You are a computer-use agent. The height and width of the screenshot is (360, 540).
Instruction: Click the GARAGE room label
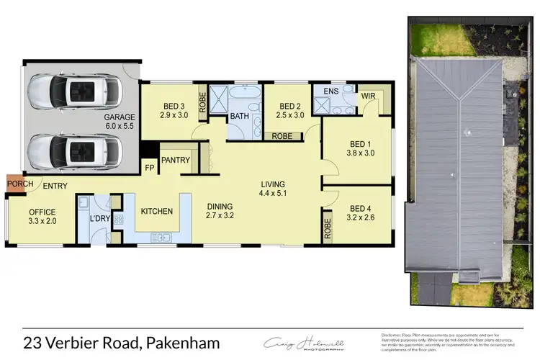[120, 117]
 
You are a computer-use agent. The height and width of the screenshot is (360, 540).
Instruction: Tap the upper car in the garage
[74, 92]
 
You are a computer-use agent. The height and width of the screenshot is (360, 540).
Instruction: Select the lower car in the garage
[74, 151]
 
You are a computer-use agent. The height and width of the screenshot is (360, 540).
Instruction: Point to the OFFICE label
[42, 212]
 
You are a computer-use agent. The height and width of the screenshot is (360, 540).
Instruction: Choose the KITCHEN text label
[156, 212]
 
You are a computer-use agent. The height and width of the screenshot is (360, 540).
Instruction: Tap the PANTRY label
[175, 160]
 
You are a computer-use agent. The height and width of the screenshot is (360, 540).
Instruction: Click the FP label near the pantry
[150, 168]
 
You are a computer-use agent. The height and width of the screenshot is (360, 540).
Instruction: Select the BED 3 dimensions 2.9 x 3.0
[174, 115]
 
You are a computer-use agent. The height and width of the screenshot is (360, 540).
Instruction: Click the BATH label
[240, 116]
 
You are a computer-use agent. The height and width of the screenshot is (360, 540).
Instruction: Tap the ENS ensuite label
[330, 91]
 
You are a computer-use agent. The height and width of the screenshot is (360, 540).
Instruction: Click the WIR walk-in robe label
[368, 96]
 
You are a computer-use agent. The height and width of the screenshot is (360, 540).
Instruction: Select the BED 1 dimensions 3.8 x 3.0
[356, 153]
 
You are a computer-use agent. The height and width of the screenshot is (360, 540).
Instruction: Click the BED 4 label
[356, 204]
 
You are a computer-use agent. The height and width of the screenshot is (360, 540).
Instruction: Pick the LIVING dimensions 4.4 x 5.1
[274, 193]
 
